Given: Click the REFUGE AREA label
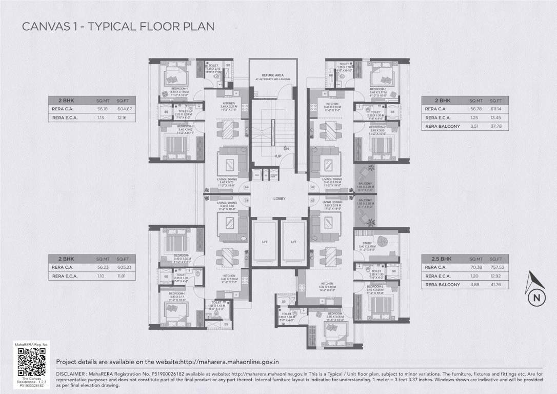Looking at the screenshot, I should click(273, 75).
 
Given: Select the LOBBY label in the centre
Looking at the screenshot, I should click(280, 199).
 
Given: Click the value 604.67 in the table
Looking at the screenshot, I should click(125, 109).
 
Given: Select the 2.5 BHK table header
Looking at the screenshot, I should click(433, 259).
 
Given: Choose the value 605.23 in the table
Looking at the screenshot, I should click(125, 267).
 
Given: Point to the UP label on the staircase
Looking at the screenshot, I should click(278, 156).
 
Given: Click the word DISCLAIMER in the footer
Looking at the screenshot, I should click(72, 375).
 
